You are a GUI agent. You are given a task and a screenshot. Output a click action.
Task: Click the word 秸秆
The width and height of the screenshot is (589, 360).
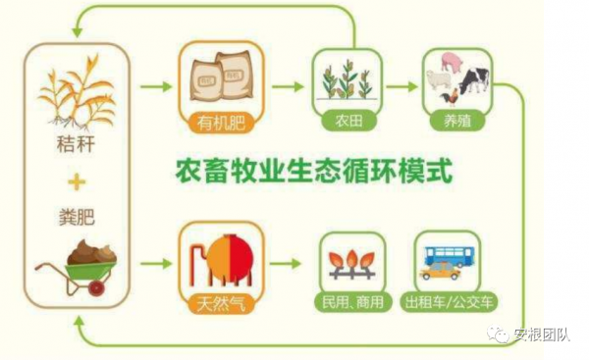click(75, 148)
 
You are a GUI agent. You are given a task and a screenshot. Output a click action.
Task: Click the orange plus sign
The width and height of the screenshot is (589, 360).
click(75, 181)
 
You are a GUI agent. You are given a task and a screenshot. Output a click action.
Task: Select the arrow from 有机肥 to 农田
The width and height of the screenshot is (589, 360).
click(288, 86)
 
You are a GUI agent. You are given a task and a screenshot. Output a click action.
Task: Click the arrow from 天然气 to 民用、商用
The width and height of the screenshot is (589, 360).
click(286, 263)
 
